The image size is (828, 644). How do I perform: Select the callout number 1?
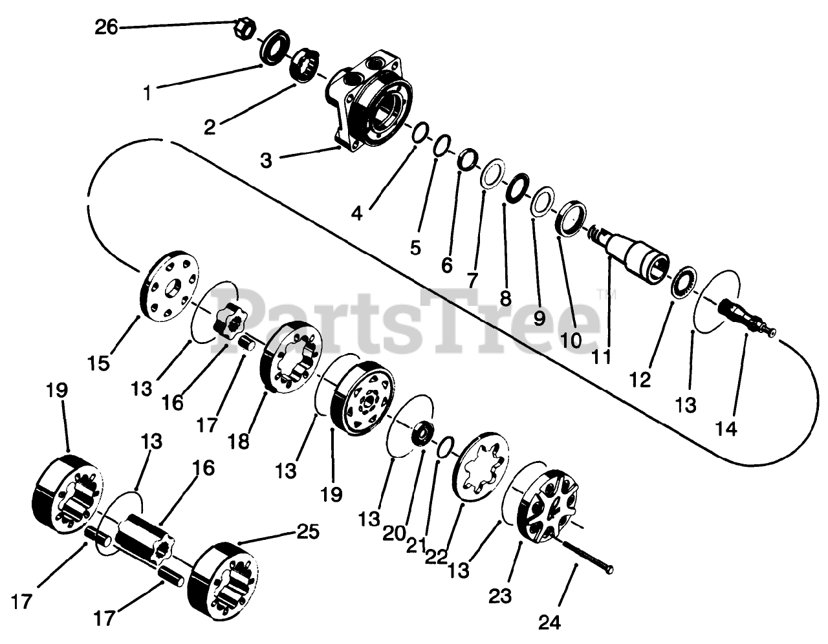point(147,94)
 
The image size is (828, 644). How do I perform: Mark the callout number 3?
point(266,160)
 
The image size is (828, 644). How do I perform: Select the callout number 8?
point(505,298)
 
